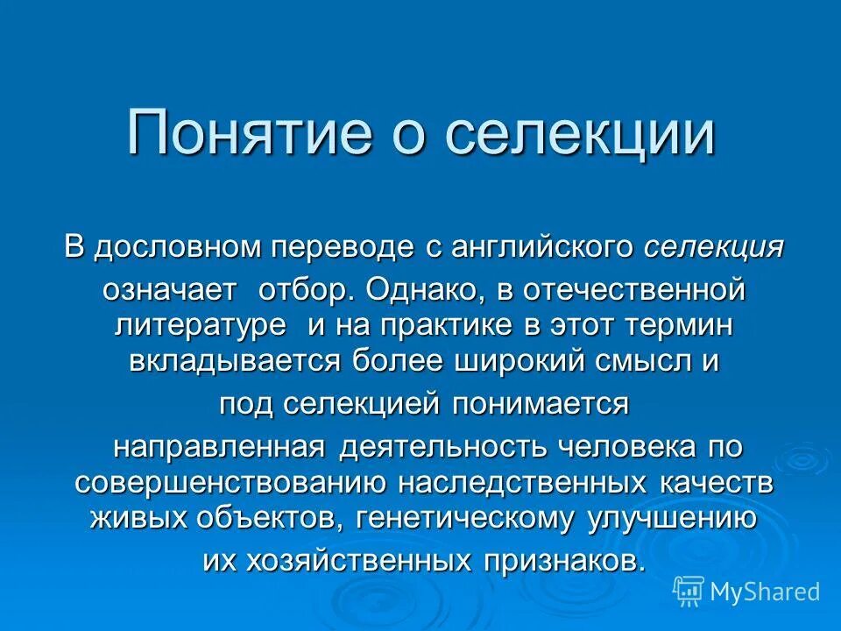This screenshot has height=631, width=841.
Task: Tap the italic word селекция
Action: click(x=714, y=247)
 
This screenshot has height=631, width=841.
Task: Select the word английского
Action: click(x=542, y=247)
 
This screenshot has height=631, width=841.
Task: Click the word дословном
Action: click(x=176, y=247)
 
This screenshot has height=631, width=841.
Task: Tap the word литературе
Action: click(x=201, y=326)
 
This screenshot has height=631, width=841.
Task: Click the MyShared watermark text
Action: click(x=765, y=592)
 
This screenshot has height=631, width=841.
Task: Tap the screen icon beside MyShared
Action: click(x=689, y=591)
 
